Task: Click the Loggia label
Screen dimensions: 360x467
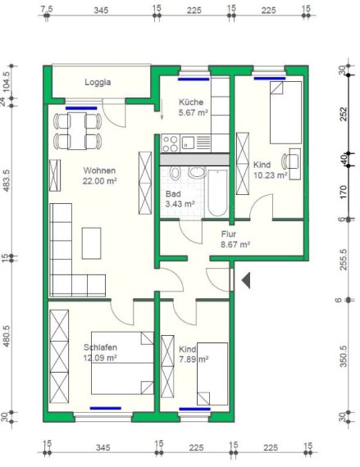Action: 98,82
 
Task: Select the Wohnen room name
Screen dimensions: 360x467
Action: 99,170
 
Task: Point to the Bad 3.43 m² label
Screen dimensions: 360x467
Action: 180,199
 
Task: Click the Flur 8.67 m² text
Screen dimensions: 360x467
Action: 235,239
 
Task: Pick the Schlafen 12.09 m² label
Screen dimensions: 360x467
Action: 100,352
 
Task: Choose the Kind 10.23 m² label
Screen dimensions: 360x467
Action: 270,170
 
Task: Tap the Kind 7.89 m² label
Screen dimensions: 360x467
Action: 194,354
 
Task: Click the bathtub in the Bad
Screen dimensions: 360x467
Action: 217,193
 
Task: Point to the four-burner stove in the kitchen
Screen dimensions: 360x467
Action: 171,143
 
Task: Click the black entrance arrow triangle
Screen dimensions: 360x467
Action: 246,280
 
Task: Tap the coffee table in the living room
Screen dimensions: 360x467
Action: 92,243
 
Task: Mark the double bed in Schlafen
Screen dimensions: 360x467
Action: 122,363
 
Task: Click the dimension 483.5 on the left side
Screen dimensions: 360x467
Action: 7,180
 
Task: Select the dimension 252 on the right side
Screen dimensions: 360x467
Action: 344,114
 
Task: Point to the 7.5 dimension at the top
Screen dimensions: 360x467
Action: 47,9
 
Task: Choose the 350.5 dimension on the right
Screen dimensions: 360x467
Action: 343,356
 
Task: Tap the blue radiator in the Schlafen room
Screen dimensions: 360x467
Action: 106,408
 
